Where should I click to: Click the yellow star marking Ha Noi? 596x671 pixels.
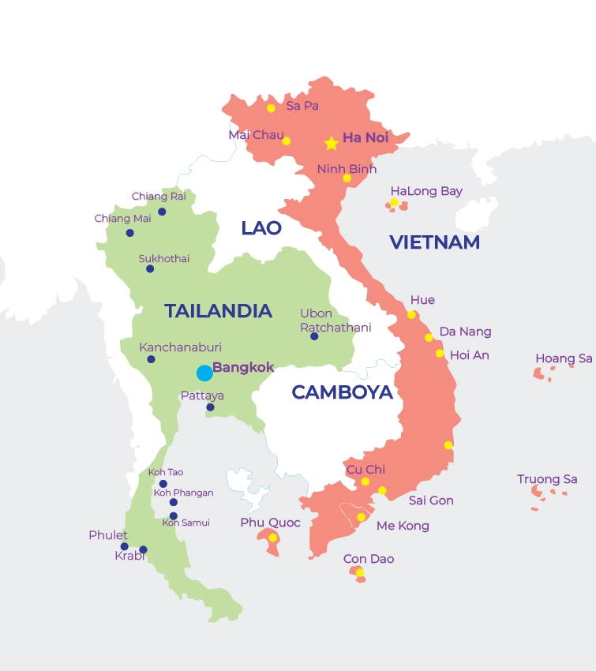point(332,143)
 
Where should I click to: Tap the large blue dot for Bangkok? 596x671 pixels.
point(204,373)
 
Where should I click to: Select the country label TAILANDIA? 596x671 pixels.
point(218,311)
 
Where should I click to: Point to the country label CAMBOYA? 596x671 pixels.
point(342,392)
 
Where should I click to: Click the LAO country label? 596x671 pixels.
point(261,228)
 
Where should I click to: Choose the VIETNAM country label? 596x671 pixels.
point(434,242)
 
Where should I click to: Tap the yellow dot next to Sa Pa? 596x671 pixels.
point(271,108)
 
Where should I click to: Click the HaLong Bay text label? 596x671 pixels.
point(426,191)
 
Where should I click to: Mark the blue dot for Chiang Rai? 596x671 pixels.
point(162,212)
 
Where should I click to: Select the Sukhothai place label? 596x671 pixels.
point(164,258)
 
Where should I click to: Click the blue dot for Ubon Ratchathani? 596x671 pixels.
point(314,336)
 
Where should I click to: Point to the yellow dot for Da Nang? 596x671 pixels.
point(429,338)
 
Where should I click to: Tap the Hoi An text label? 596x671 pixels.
point(469,355)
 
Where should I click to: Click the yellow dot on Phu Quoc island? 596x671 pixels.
point(272,538)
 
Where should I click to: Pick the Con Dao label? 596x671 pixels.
point(369,559)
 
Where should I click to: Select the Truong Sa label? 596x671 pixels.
point(547,479)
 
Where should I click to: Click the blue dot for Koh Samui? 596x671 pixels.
point(174,516)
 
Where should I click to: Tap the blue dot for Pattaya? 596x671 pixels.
point(210,407)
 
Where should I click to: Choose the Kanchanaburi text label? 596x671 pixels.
point(180,347)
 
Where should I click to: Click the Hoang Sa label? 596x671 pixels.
point(564,358)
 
